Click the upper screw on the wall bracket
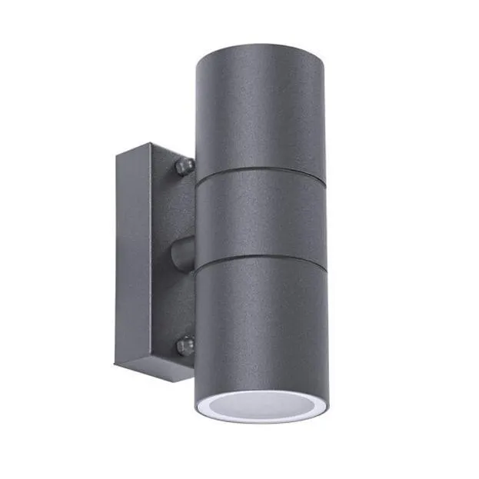183,165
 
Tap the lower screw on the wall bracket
184,345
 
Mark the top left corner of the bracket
118,153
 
